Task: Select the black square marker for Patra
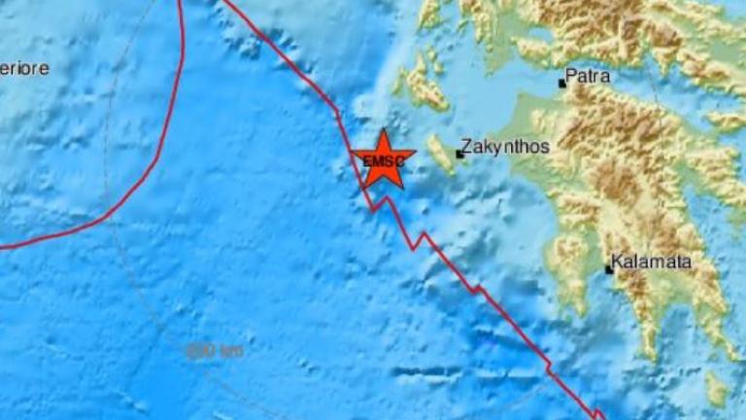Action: (561, 84)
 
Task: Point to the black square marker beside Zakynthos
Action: (459, 155)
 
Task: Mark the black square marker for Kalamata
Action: (609, 269)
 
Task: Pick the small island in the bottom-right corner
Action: (717, 389)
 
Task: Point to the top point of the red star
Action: (384, 130)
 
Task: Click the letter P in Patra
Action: (571, 74)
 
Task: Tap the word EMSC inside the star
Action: (384, 162)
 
